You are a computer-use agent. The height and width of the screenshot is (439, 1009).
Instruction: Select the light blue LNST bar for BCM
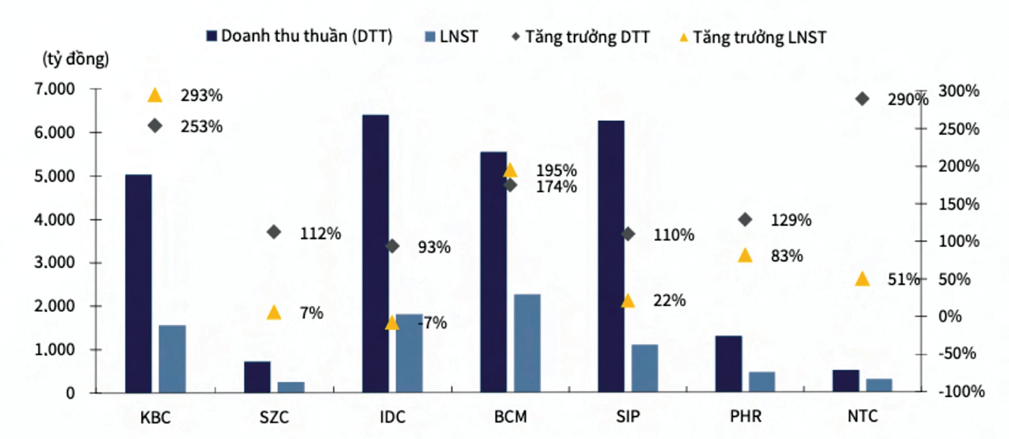pyautogui.click(x=527, y=343)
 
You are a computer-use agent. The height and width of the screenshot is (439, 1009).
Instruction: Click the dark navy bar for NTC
pyautogui.click(x=846, y=381)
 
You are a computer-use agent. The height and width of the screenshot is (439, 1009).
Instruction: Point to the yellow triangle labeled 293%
pyautogui.click(x=155, y=95)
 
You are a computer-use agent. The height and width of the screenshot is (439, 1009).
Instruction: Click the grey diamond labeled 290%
pyautogui.click(x=862, y=99)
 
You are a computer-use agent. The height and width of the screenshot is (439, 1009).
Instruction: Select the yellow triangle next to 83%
pyautogui.click(x=745, y=256)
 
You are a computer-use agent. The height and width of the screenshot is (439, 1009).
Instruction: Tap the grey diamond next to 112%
pyautogui.click(x=274, y=232)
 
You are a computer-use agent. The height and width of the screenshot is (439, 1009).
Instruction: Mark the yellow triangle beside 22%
pyautogui.click(x=627, y=301)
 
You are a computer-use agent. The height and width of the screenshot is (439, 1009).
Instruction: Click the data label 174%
pyautogui.click(x=556, y=187)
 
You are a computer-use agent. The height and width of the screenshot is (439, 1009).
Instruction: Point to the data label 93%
pyautogui.click(x=434, y=247)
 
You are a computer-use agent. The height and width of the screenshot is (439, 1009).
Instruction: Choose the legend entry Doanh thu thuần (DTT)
pyautogui.click(x=300, y=36)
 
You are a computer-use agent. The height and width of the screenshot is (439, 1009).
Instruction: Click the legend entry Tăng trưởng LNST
pyautogui.click(x=753, y=38)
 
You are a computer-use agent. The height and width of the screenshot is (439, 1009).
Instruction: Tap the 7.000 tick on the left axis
pyautogui.click(x=55, y=89)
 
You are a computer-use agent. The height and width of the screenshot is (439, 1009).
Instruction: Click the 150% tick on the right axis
pyautogui.click(x=959, y=204)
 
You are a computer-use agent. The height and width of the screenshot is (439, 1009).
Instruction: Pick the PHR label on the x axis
pyautogui.click(x=745, y=416)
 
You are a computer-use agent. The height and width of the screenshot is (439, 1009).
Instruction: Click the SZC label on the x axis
pyautogui.click(x=274, y=417)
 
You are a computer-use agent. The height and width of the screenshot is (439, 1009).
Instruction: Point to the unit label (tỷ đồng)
pyautogui.click(x=76, y=59)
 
